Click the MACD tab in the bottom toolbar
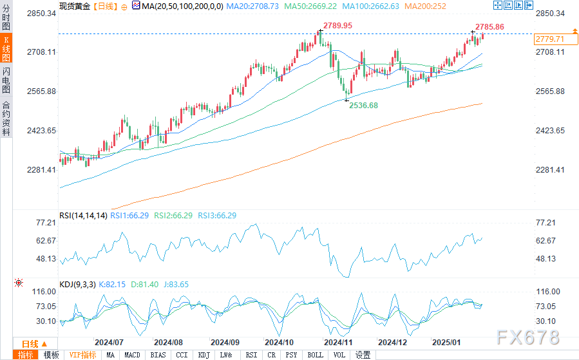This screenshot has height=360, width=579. pos(132,355)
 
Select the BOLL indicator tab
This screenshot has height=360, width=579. pos(315,355)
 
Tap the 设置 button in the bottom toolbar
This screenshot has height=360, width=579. pos(363,355)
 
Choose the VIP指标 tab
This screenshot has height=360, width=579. pos(82,355)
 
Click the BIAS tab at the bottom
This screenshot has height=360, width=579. pos(157,355)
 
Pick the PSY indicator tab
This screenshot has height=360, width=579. pos(291,355)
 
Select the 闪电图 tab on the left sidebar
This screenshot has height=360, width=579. pos(6,79)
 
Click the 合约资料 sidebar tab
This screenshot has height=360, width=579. pos(6,118)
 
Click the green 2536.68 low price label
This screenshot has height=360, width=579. pos(363,105)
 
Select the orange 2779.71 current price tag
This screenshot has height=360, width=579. pos(549,39)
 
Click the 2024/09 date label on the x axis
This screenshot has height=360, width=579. pos(225,342)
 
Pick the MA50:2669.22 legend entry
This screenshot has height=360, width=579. pos(312,5)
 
